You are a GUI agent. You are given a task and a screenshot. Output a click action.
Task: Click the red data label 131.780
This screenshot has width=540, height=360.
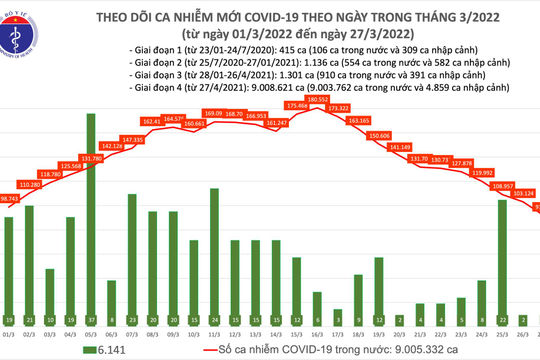tap(91, 157)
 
